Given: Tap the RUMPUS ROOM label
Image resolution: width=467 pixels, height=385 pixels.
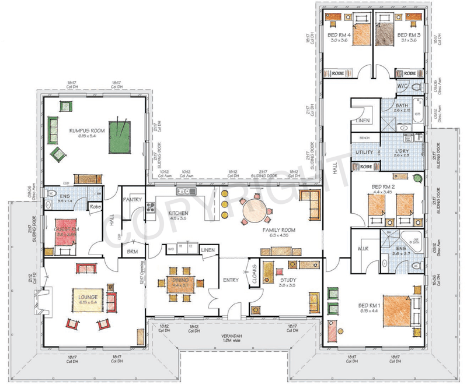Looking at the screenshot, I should click(x=86, y=131).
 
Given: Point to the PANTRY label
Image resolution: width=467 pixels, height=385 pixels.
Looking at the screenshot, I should click(x=133, y=200).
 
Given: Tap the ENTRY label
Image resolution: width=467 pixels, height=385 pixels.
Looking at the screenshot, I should click(x=231, y=280).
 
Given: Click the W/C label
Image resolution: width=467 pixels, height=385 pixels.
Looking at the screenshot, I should click(x=403, y=86).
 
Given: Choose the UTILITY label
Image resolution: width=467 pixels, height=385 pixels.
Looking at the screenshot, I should click(x=364, y=152).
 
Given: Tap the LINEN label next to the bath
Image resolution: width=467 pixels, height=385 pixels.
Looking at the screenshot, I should click(x=363, y=121).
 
